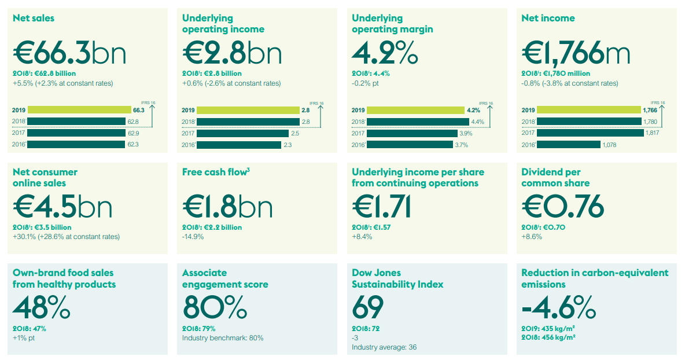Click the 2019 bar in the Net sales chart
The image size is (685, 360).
79,110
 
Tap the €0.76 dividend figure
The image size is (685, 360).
562,206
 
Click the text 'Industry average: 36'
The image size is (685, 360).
384,347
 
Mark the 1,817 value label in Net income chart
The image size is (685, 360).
651,133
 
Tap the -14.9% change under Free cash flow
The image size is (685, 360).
193,237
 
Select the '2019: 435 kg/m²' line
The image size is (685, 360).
550,329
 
